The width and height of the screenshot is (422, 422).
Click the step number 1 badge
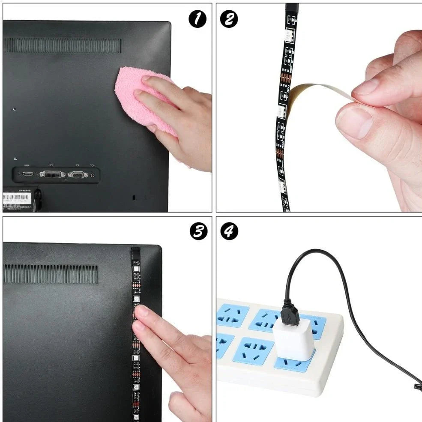coord(198,19)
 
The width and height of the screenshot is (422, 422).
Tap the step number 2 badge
coord(229,19)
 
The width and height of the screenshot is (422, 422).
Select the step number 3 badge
coord(198,231)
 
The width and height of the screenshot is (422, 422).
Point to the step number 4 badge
coord(229,231)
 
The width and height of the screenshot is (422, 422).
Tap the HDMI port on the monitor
coord(28,174)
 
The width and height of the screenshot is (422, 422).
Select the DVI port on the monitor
coord(52,174)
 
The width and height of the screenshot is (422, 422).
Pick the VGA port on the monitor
coord(78,175)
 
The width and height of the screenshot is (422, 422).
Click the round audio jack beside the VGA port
coord(92,175)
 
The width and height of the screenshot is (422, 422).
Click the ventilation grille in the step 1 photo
coord(63,45)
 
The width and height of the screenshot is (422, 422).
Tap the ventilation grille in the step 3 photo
coord(51,273)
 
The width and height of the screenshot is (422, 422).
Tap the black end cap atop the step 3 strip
coord(135,251)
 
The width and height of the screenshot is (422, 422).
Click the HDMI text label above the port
coord(27,165)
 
